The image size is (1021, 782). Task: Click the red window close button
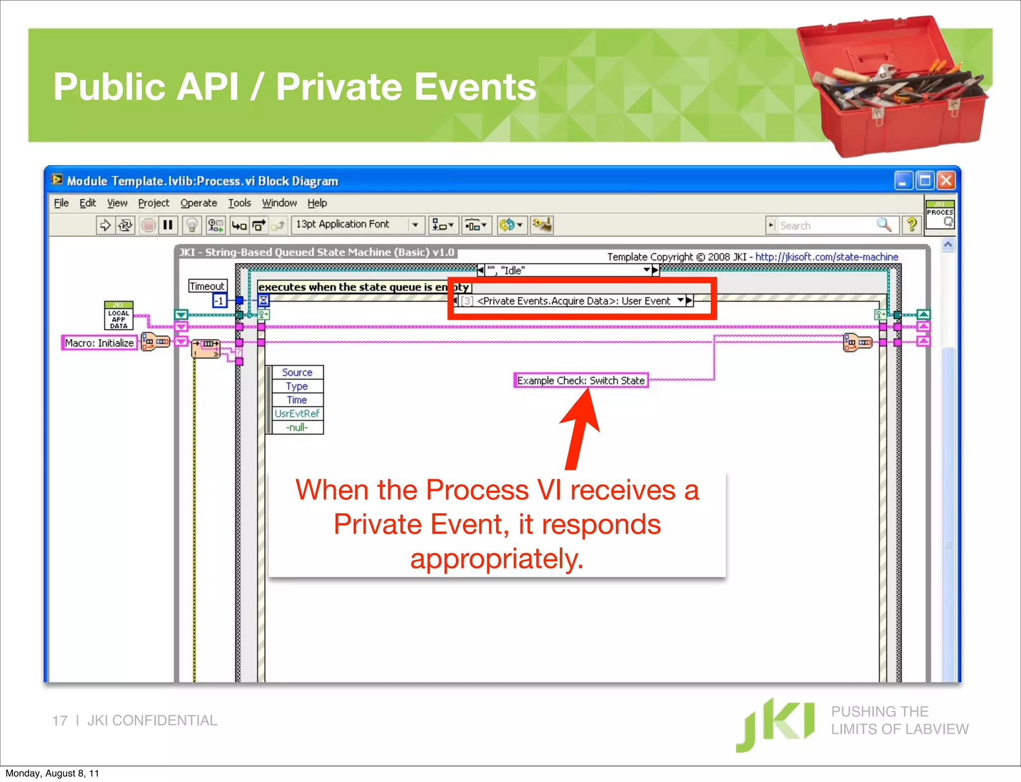tap(946, 181)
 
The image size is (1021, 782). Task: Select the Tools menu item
tap(239, 203)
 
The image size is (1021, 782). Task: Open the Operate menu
tap(198, 203)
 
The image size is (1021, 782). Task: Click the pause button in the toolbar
tap(168, 225)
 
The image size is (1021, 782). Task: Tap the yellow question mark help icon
tap(912, 225)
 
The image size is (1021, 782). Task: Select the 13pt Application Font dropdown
tap(357, 225)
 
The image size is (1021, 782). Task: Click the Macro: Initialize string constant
tap(99, 343)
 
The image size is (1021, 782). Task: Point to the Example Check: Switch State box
tap(581, 381)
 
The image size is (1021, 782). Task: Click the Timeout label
tap(207, 286)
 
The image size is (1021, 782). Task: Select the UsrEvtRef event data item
tap(297, 413)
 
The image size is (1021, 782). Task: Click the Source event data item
tap(297, 373)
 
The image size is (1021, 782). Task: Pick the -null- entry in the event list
tap(297, 427)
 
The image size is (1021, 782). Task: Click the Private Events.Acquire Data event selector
tap(573, 301)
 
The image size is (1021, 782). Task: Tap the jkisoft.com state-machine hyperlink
tap(826, 257)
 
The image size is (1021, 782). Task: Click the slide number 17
tap(60, 721)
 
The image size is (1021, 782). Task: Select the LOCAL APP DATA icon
tap(119, 316)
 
